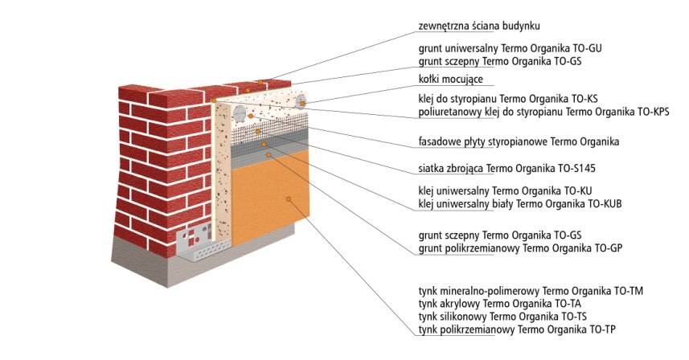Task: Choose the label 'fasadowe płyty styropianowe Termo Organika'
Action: [x=519, y=141]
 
